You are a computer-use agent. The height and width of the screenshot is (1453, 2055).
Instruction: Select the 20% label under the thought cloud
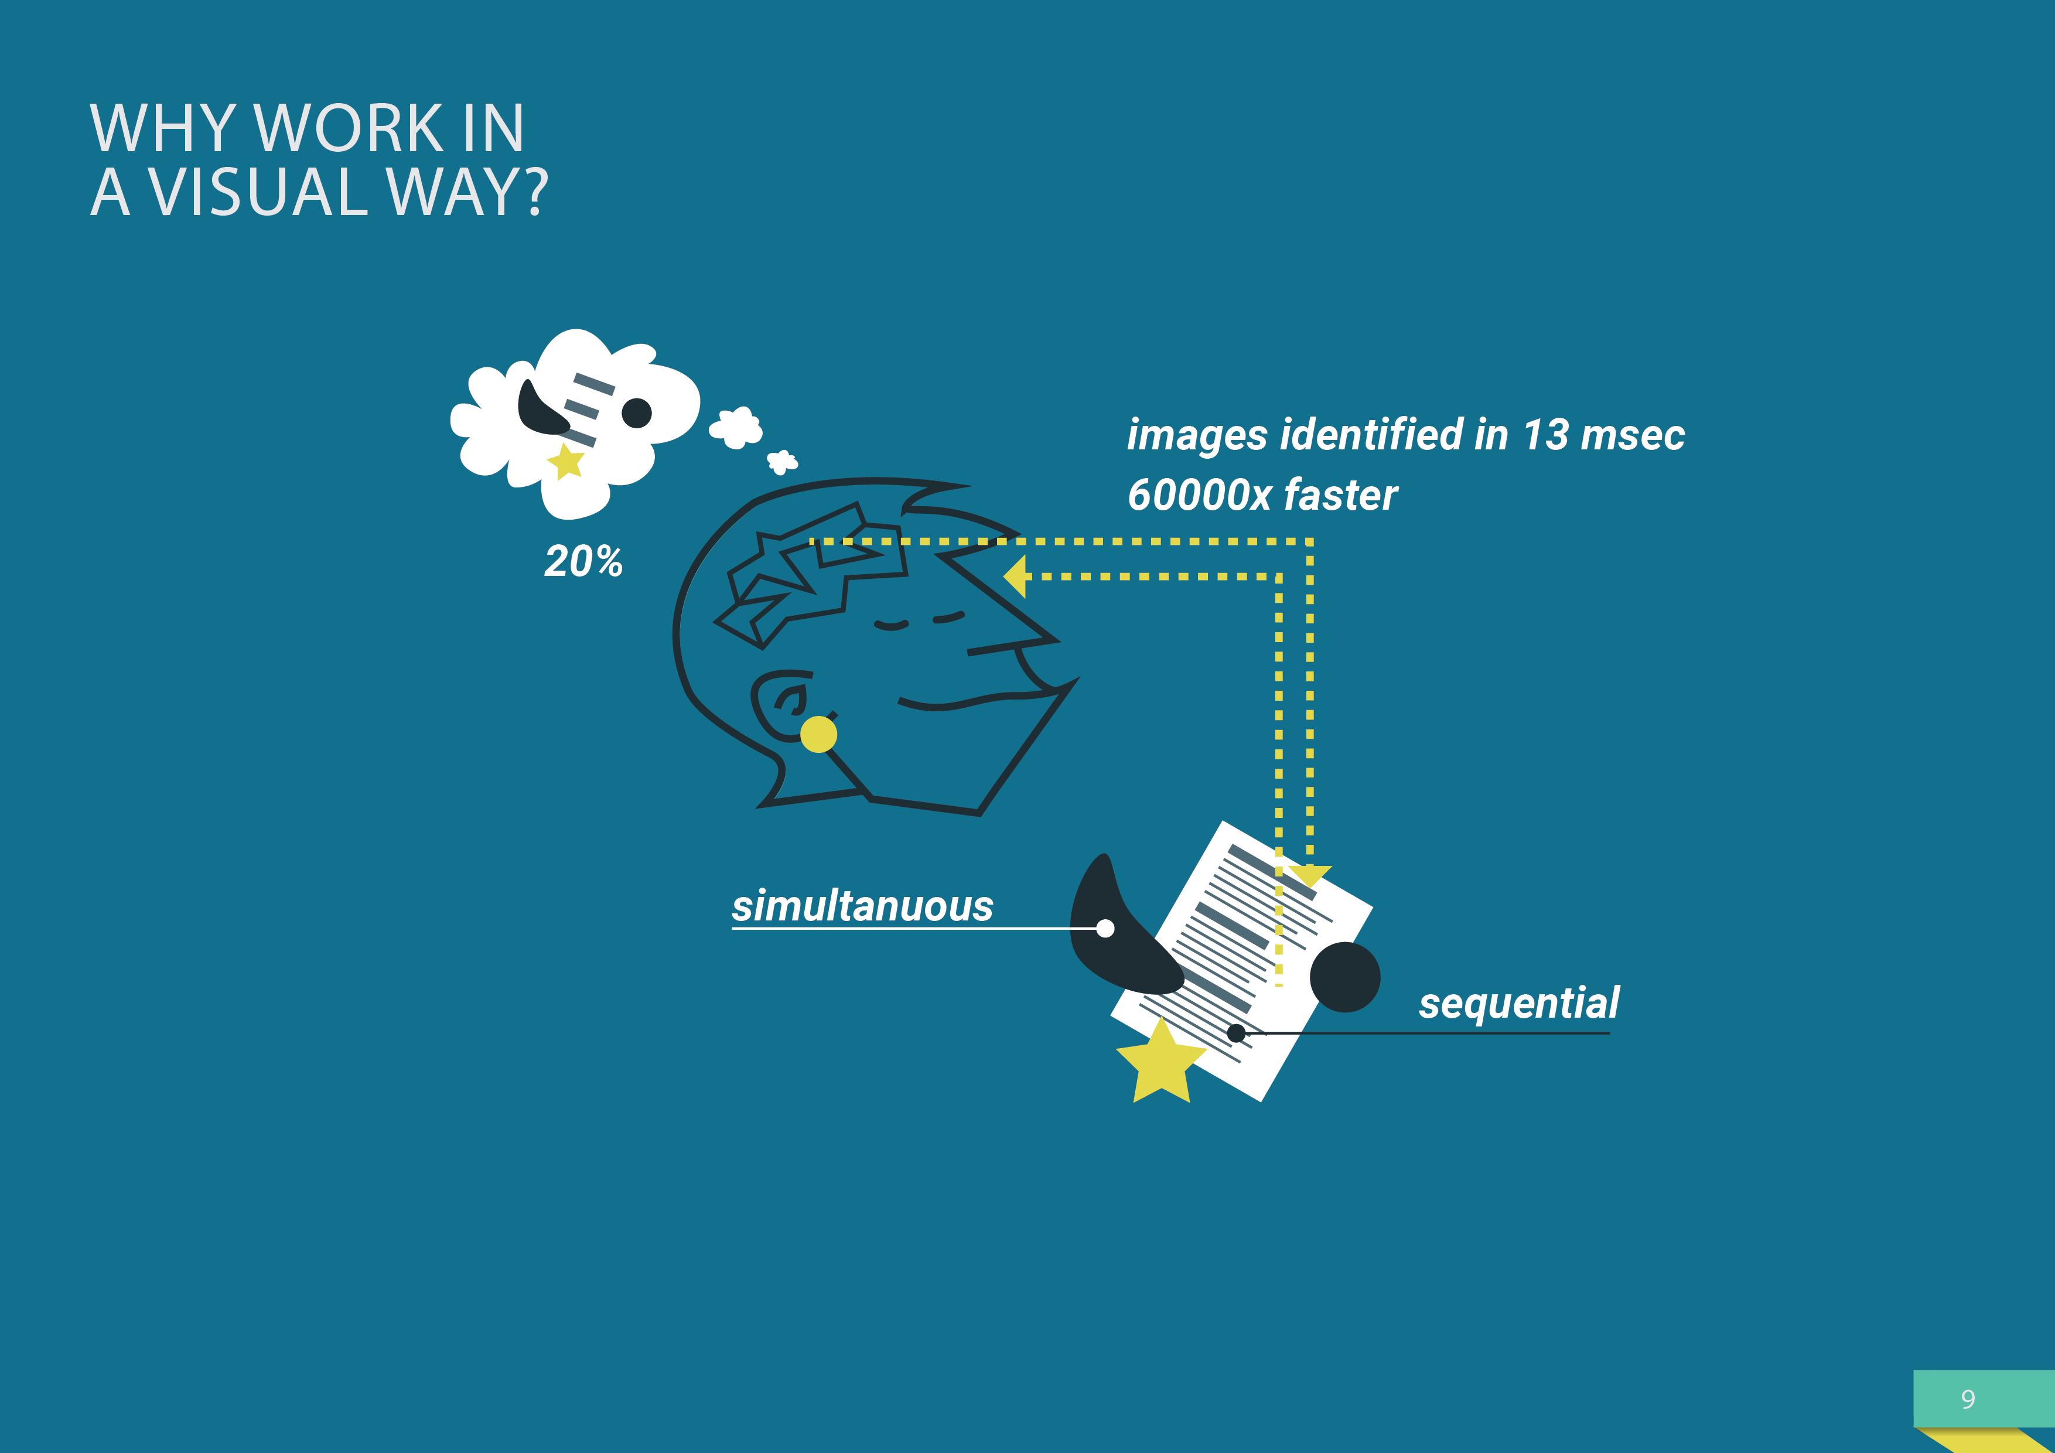583,561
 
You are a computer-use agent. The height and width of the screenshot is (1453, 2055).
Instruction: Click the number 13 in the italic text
1546,435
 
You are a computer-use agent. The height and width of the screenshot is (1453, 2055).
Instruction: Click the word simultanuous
862,906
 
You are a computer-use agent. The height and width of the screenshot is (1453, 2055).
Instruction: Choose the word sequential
1519,1002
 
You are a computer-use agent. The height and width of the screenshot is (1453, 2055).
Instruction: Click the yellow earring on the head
818,734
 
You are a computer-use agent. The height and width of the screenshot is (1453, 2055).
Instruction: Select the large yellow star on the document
1161,1063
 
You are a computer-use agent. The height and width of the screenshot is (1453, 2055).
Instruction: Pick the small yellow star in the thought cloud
566,462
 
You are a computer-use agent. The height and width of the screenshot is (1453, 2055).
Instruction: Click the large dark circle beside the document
1344,977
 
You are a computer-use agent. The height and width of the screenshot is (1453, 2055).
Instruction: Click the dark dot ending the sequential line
1236,1033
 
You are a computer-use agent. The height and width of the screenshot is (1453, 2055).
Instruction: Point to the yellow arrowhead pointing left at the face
1016,576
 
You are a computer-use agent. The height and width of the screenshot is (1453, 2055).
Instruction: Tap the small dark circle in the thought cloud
636,412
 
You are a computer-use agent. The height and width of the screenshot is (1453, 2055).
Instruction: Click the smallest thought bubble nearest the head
782,462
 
